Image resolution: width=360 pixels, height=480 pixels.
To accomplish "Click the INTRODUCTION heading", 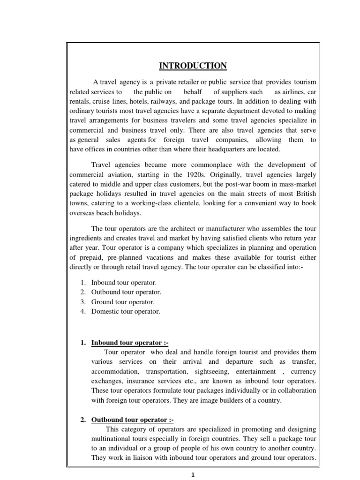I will (x=193, y=65).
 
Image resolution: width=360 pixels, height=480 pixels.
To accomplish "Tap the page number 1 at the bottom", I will (x=193, y=474).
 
